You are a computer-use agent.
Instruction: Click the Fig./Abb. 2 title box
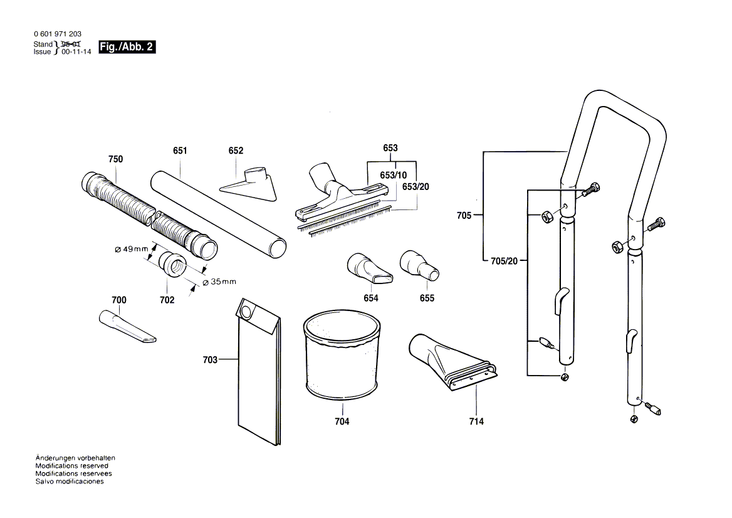point(127,47)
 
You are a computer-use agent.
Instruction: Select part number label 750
point(115,160)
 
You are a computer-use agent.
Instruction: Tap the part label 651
point(180,151)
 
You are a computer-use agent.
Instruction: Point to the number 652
point(236,151)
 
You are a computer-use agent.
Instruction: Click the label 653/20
point(416,187)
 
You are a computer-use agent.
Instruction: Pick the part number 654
point(371,298)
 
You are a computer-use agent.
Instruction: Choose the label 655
point(427,298)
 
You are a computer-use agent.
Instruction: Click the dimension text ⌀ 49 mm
point(131,249)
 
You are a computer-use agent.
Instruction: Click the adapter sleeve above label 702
point(172,263)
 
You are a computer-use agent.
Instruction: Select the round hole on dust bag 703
point(246,310)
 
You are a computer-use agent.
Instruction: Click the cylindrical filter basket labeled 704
point(342,357)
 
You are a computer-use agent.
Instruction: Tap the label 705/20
point(505,261)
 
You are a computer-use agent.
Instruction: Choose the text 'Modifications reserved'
point(71,466)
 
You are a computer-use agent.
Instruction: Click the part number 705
point(464,216)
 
